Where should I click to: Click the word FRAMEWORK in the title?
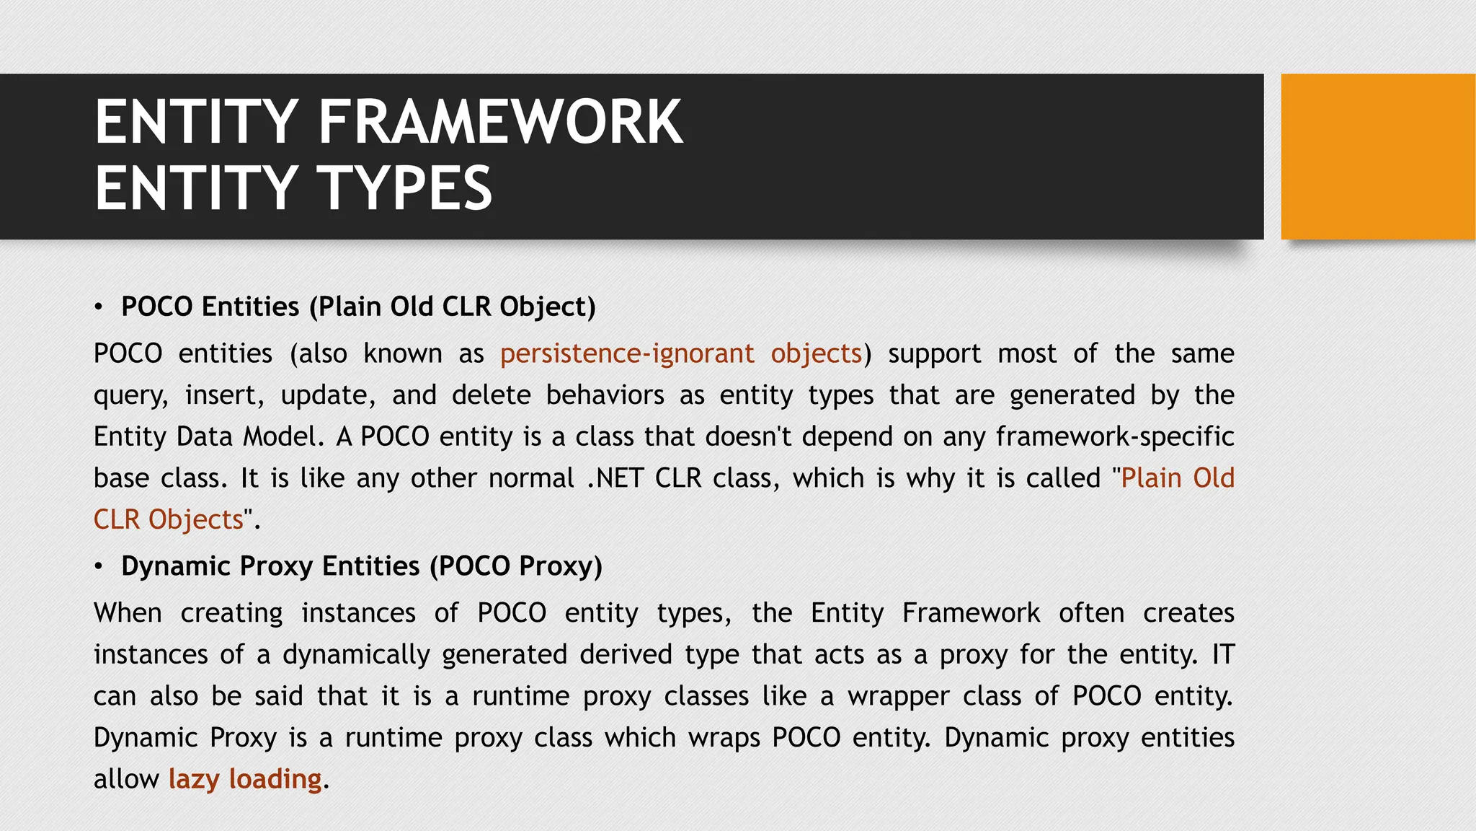coord(500,123)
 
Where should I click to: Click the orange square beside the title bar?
coord(1377,157)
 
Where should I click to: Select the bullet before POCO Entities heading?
coord(99,307)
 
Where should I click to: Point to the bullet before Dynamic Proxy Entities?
coord(99,567)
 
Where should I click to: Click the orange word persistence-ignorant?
coord(627,353)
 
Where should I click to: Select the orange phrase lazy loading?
coord(245,779)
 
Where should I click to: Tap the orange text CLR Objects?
coord(169,519)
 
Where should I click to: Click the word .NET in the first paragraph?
coord(615,478)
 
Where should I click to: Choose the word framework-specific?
coord(1115,436)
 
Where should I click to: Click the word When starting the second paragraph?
coord(128,613)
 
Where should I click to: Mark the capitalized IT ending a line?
coord(1223,655)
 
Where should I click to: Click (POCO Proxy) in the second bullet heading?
coord(515,566)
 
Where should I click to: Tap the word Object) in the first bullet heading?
coord(547,307)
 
